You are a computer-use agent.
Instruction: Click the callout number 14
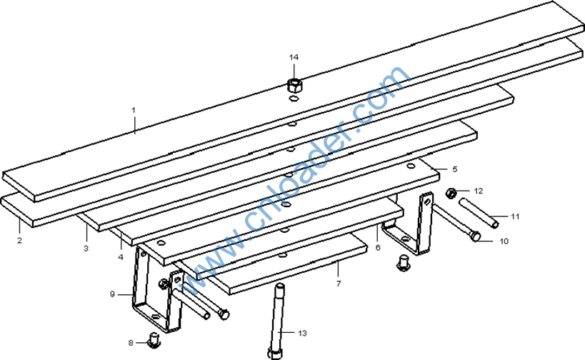tap(294, 57)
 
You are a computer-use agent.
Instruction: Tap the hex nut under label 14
tap(294, 85)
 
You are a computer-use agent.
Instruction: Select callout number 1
tap(133, 110)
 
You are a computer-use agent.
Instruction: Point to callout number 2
tap(19, 240)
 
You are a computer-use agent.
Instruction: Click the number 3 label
tap(86, 248)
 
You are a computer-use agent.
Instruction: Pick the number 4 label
tap(121, 257)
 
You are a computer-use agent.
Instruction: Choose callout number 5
tap(454, 169)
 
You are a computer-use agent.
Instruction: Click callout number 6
tap(378, 247)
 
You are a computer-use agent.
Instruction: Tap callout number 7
tap(339, 284)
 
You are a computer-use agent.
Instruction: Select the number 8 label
tap(131, 342)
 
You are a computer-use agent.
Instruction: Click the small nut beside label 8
tap(154, 340)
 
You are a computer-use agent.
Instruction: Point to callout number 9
tap(112, 294)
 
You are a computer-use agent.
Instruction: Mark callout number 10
tap(504, 241)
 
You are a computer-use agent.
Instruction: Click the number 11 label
tap(515, 216)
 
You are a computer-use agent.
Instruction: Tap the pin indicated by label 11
tap(479, 213)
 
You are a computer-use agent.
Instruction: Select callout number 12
tap(479, 191)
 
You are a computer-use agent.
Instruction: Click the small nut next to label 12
tap(451, 194)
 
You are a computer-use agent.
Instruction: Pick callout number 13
tap(302, 333)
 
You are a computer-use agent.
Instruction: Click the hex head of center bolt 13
tap(275, 354)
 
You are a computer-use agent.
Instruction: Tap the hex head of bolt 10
tap(475, 236)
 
